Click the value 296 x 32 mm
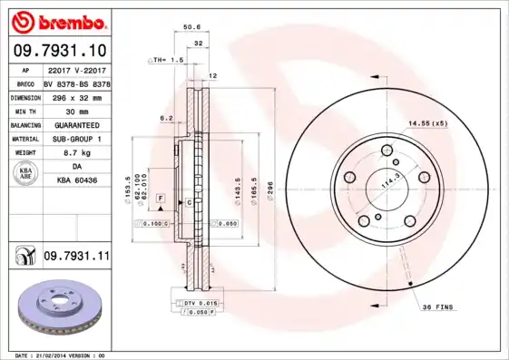75,97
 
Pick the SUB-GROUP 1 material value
75,141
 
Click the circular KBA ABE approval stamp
26,175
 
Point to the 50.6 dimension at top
192,27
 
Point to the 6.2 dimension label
166,118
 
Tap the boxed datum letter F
160,197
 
